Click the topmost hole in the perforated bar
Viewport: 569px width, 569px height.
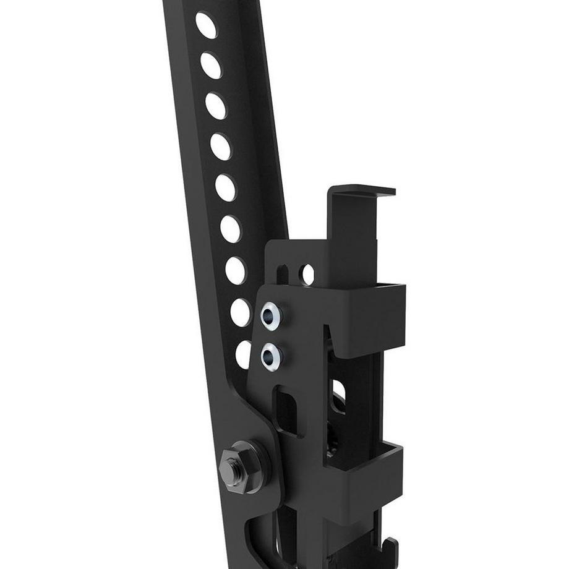pos(206,25)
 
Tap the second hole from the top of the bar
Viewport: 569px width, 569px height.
pos(211,65)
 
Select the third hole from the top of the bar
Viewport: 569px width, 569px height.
pos(216,106)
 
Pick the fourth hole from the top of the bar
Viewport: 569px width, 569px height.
pos(220,147)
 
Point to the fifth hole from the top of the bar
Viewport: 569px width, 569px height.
pos(225,187)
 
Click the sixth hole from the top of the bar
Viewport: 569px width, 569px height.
pos(230,229)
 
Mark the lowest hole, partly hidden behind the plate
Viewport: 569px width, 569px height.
pos(244,354)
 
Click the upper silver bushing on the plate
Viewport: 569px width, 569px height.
pos(271,316)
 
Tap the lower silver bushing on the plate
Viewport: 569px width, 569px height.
pos(271,356)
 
